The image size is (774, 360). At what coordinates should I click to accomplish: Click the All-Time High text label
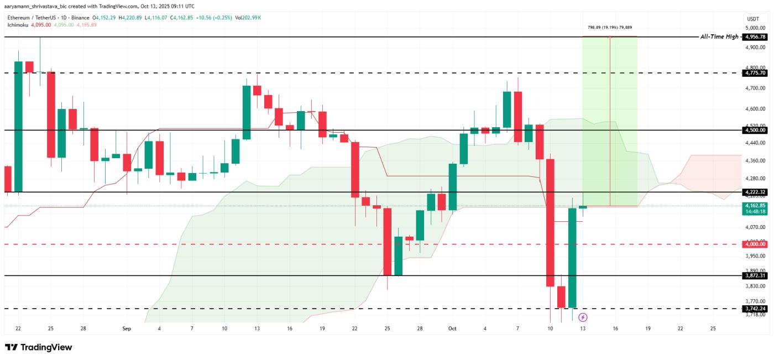tap(719, 37)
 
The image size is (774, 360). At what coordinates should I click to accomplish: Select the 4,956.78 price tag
tap(755, 37)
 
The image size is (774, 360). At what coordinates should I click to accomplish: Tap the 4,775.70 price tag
tap(755, 73)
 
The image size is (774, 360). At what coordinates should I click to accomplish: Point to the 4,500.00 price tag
tap(755, 130)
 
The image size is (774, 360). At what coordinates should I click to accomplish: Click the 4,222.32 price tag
tap(755, 192)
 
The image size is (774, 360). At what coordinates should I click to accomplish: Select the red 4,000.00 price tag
tap(755, 244)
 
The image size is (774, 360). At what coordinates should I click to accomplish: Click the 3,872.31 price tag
tap(755, 275)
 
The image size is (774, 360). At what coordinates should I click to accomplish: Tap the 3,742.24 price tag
tap(755, 309)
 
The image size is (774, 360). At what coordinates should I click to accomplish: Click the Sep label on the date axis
tap(127, 328)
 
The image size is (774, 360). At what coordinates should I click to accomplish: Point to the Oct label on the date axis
tap(452, 328)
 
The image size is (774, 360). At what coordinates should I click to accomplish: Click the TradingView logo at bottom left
tap(39, 347)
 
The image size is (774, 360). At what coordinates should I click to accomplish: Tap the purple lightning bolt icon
tap(582, 317)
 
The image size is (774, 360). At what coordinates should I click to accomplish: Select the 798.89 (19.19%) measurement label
tap(609, 27)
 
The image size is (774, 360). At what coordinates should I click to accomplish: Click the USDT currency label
tap(753, 18)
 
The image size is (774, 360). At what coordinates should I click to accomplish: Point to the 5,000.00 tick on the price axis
tap(755, 28)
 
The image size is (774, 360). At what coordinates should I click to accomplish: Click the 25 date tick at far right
tap(713, 328)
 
